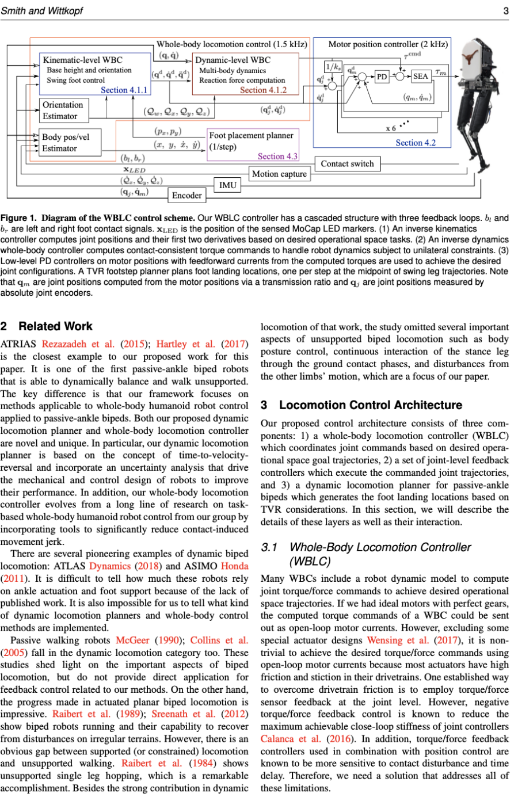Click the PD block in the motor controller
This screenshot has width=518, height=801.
[382, 77]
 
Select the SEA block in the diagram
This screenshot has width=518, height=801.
[420, 77]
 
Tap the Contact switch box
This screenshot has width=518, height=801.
[347, 164]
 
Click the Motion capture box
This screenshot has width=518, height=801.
[280, 174]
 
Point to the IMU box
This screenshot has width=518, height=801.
[228, 185]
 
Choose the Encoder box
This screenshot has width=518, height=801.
[187, 195]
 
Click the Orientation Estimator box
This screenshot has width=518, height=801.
[63, 110]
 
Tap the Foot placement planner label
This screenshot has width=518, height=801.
[251, 135]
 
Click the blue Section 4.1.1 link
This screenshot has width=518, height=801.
[124, 90]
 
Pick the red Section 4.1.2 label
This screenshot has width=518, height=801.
[263, 90]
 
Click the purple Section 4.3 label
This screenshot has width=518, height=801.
[277, 156]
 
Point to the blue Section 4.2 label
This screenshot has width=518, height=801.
[415, 143]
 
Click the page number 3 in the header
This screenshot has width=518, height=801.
[505, 10]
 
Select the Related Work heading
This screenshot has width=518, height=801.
[47, 326]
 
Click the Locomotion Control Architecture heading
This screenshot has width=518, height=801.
[361, 405]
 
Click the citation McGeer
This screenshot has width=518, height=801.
[132, 640]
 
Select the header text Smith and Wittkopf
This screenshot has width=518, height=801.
[41, 10]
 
